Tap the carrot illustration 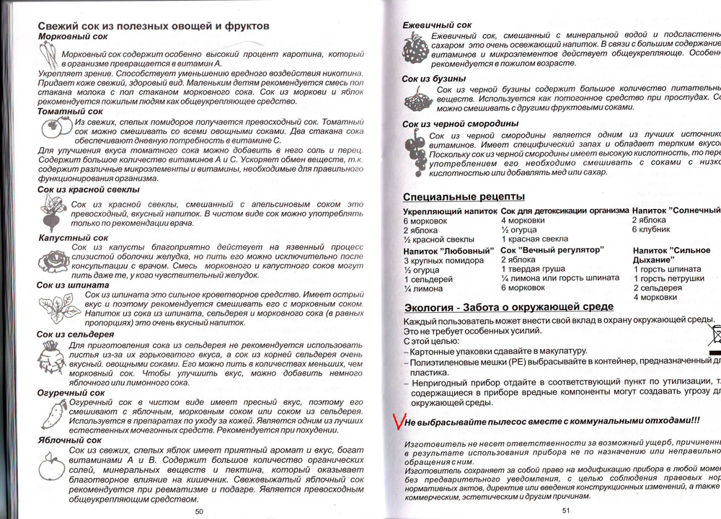48,55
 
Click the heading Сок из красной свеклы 89,190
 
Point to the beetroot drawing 53,212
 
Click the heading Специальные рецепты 464,197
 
